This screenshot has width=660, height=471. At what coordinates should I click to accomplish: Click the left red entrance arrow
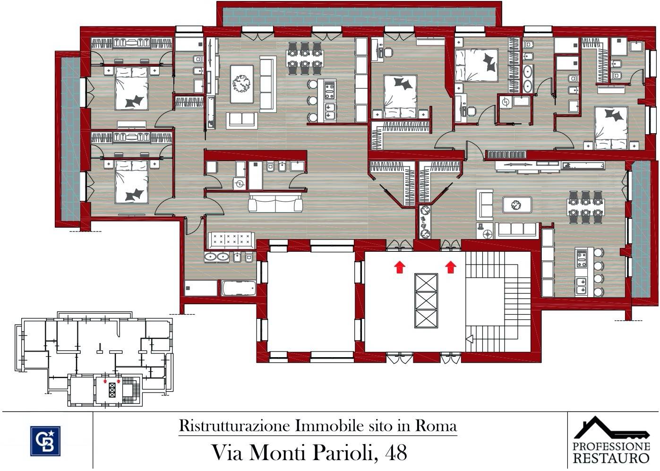(x=400, y=267)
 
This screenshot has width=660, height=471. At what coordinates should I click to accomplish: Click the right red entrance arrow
(x=451, y=267)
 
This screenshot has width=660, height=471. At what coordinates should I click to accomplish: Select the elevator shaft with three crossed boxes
(x=426, y=300)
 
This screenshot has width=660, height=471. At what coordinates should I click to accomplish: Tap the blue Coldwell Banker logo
(x=45, y=441)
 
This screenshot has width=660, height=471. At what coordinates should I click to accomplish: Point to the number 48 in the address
(x=396, y=453)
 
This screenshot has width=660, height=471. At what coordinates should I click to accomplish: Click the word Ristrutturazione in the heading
(x=235, y=426)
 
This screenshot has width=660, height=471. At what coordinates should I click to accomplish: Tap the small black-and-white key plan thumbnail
(x=94, y=359)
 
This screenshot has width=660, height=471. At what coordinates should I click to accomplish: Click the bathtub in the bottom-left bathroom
(x=239, y=288)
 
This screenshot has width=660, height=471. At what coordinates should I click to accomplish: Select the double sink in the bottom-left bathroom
(x=217, y=257)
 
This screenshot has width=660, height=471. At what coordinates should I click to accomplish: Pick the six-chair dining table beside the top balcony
(x=305, y=58)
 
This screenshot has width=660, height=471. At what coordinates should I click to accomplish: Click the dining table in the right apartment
(x=585, y=207)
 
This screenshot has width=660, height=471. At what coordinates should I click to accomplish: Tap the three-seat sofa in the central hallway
(x=275, y=203)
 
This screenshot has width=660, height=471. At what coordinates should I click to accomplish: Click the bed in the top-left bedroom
(x=132, y=88)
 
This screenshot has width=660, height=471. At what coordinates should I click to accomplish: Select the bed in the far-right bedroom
(x=611, y=128)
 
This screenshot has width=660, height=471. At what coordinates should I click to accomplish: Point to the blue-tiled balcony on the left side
(x=70, y=137)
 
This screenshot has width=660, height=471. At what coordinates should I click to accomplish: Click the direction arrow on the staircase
(x=470, y=339)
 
